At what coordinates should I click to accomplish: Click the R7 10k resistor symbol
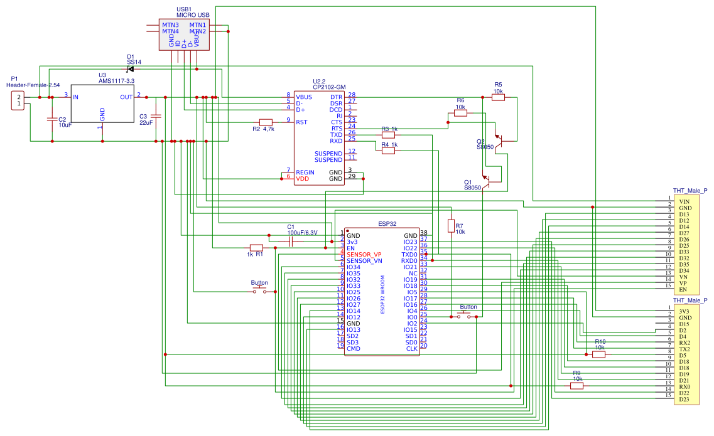pyautogui.click(x=450, y=226)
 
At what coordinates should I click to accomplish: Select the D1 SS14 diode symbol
pyautogui.click(x=131, y=68)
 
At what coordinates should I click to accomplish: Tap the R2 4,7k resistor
pyautogui.click(x=266, y=122)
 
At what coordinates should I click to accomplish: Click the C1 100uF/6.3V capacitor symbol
pyautogui.click(x=291, y=242)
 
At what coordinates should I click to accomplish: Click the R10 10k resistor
pyautogui.click(x=599, y=354)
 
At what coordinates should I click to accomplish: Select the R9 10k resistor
pyautogui.click(x=576, y=386)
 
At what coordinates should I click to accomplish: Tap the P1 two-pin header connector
pyautogui.click(x=19, y=100)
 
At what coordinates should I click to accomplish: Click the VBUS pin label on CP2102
pyautogui.click(x=304, y=97)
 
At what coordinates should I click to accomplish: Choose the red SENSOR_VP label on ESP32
pyautogui.click(x=364, y=254)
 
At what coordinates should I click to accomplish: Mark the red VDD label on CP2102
pyautogui.click(x=303, y=179)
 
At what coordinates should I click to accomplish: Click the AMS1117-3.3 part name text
pyautogui.click(x=116, y=81)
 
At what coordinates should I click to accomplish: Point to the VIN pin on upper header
pyautogui.click(x=684, y=201)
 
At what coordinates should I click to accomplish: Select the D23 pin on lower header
pyautogui.click(x=684, y=400)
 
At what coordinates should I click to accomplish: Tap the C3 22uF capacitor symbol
pyautogui.click(x=156, y=116)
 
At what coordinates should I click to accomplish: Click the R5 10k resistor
pyautogui.click(x=498, y=97)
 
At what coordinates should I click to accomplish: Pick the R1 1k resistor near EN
pyautogui.click(x=256, y=247)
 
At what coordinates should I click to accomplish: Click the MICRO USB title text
pyautogui.click(x=193, y=14)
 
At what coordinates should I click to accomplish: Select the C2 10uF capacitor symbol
pyautogui.click(x=51, y=119)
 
